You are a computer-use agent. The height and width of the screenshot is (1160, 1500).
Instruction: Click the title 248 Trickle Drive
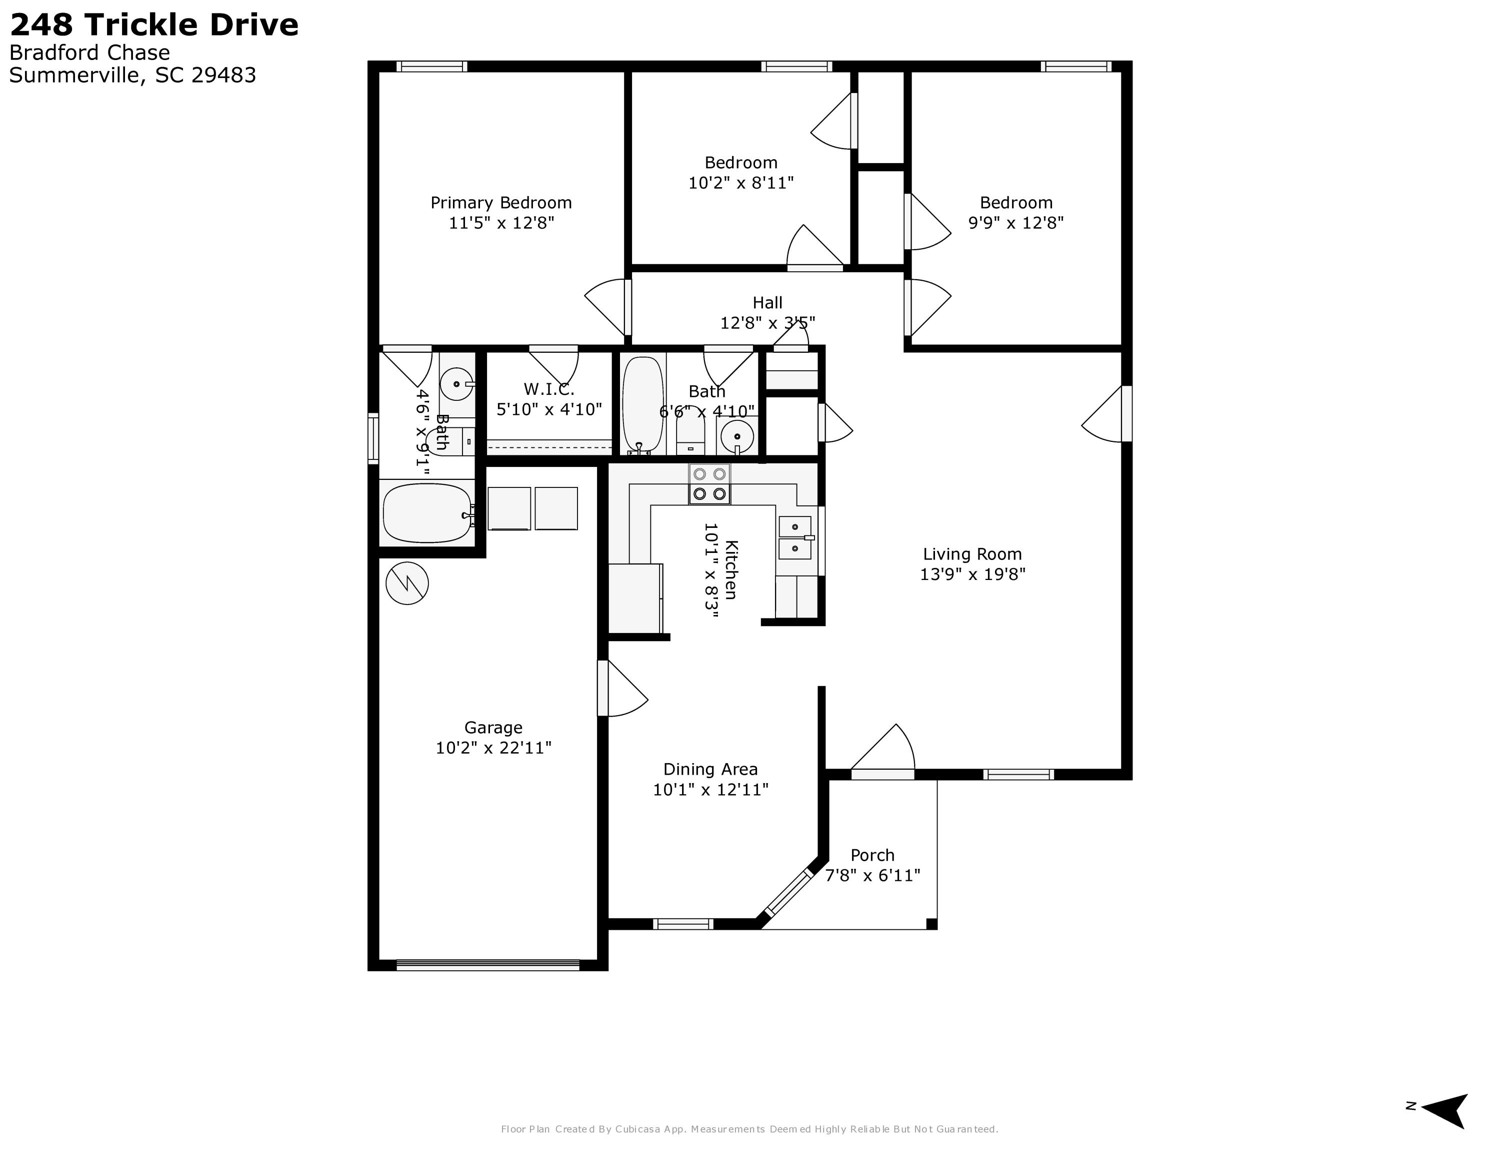[154, 26]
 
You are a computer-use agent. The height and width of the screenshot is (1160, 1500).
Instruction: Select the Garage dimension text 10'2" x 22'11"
[493, 748]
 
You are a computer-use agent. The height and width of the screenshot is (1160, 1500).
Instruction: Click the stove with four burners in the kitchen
[709, 484]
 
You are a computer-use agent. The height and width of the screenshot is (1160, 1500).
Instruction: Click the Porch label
[872, 856]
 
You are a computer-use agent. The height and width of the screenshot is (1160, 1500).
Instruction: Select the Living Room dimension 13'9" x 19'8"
[972, 574]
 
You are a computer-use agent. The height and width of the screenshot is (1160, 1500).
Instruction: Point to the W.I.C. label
[549, 389]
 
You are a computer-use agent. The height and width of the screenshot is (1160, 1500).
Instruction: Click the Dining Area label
[710, 769]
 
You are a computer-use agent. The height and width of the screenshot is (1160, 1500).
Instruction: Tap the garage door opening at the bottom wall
[488, 965]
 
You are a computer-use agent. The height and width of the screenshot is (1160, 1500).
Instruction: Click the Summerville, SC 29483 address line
[132, 75]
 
